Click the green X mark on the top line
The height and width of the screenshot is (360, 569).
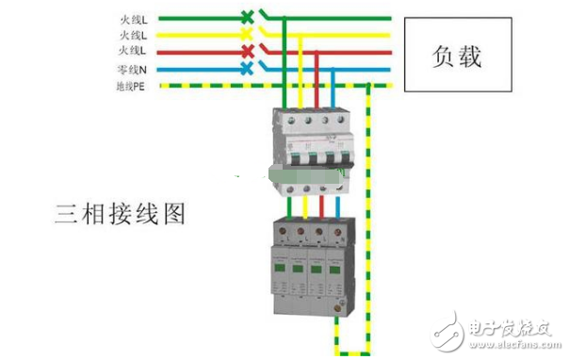click(247, 16)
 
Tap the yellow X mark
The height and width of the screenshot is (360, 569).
click(247, 33)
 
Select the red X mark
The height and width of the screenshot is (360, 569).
click(247, 51)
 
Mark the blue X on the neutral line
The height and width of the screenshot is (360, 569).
click(247, 69)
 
